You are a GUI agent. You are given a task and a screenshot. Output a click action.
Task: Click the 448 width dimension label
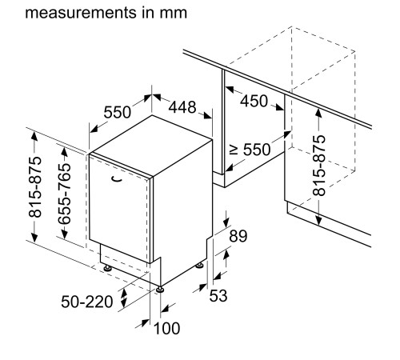(x=182, y=107)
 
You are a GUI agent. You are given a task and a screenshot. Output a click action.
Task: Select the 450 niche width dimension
(x=254, y=101)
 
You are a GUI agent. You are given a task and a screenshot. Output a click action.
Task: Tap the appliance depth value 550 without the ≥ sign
(x=118, y=112)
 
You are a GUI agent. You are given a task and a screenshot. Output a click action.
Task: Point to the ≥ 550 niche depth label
(x=250, y=150)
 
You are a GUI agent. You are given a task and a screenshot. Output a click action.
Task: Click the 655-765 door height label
(x=65, y=194)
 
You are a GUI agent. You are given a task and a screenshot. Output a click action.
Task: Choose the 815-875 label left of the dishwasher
(x=35, y=187)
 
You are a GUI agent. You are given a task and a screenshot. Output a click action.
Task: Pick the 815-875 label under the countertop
(x=319, y=166)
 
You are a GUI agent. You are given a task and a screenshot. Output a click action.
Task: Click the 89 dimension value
(x=238, y=236)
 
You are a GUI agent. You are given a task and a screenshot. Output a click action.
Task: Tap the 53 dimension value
(x=218, y=295)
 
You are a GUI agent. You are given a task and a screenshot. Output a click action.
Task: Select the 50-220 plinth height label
(x=87, y=302)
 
